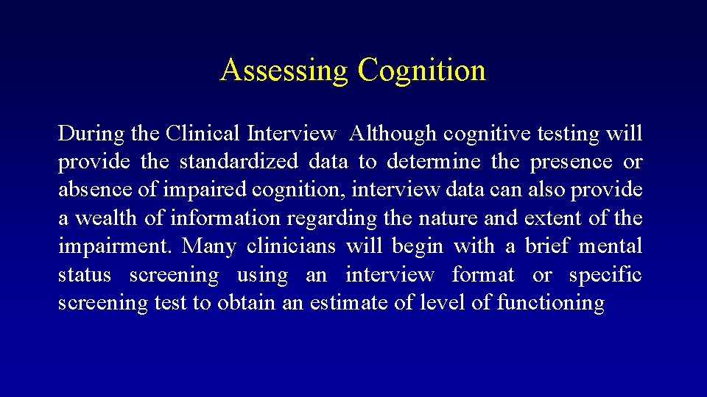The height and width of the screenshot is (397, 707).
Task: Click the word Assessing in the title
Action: [x=284, y=71]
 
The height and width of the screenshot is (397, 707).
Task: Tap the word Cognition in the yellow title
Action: [x=422, y=71]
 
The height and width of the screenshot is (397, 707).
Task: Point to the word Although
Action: [x=393, y=134]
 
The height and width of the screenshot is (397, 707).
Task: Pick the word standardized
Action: [x=239, y=162]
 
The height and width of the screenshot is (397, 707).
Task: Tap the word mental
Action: [x=611, y=246]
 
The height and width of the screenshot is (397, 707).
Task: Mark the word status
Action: [x=85, y=275]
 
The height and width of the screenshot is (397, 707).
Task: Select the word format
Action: [x=483, y=275]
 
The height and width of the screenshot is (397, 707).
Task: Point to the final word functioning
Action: [x=551, y=303]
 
